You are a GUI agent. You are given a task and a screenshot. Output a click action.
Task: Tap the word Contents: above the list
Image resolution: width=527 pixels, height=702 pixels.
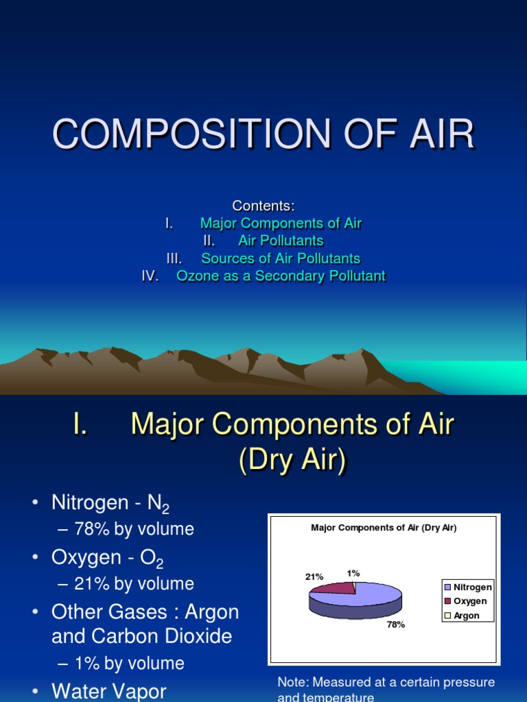click(263, 206)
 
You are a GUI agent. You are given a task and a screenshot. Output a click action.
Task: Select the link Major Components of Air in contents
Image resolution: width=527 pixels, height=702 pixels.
click(281, 223)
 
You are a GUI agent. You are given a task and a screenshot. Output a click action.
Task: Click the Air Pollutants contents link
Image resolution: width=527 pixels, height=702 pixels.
click(281, 241)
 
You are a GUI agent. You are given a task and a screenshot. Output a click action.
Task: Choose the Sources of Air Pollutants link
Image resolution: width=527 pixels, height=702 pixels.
click(281, 258)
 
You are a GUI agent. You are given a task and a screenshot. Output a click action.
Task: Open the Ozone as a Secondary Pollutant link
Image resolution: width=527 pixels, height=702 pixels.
click(281, 276)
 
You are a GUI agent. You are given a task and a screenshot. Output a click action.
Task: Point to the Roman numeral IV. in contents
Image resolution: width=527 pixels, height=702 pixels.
click(150, 276)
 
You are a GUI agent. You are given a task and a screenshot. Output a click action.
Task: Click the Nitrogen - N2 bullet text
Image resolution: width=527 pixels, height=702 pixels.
click(110, 504)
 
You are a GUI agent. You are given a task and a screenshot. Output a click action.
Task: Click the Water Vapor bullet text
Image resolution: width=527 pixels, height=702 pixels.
click(108, 691)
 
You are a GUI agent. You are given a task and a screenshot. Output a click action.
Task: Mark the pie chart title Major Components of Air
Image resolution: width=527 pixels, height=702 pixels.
click(384, 528)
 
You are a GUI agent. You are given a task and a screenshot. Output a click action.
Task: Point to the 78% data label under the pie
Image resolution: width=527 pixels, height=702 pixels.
click(396, 625)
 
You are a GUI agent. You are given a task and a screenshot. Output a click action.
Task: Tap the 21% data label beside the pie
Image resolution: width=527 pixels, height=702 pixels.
click(314, 577)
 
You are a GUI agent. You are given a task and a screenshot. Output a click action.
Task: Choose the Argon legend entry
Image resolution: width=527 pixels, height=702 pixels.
click(466, 616)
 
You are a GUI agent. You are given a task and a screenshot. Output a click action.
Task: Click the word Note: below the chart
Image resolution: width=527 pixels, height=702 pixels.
click(294, 683)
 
